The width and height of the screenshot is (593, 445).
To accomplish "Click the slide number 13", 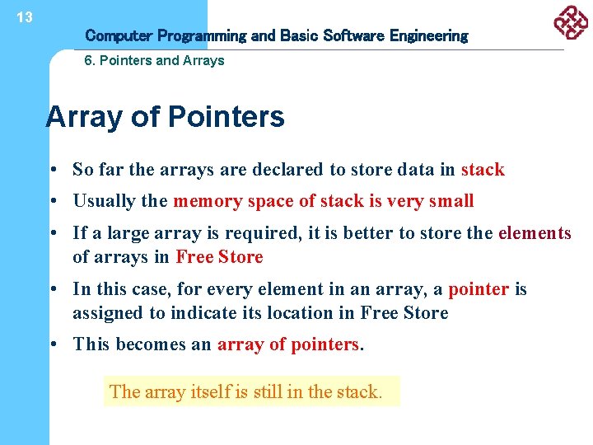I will tap(24, 17).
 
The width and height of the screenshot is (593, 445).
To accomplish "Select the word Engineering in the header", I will tap(428, 35).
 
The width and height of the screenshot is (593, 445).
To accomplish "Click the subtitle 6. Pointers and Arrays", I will tap(155, 60).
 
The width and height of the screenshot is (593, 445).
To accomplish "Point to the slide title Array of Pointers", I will tap(166, 117).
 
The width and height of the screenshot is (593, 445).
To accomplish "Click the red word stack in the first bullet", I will tap(483, 170).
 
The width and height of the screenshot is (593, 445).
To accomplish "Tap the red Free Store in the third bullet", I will tap(219, 257).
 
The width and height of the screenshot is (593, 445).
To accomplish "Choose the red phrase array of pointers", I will tap(288, 344).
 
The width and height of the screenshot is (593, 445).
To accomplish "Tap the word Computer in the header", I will tap(119, 35).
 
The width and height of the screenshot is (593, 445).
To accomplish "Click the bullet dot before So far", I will tap(51, 171).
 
